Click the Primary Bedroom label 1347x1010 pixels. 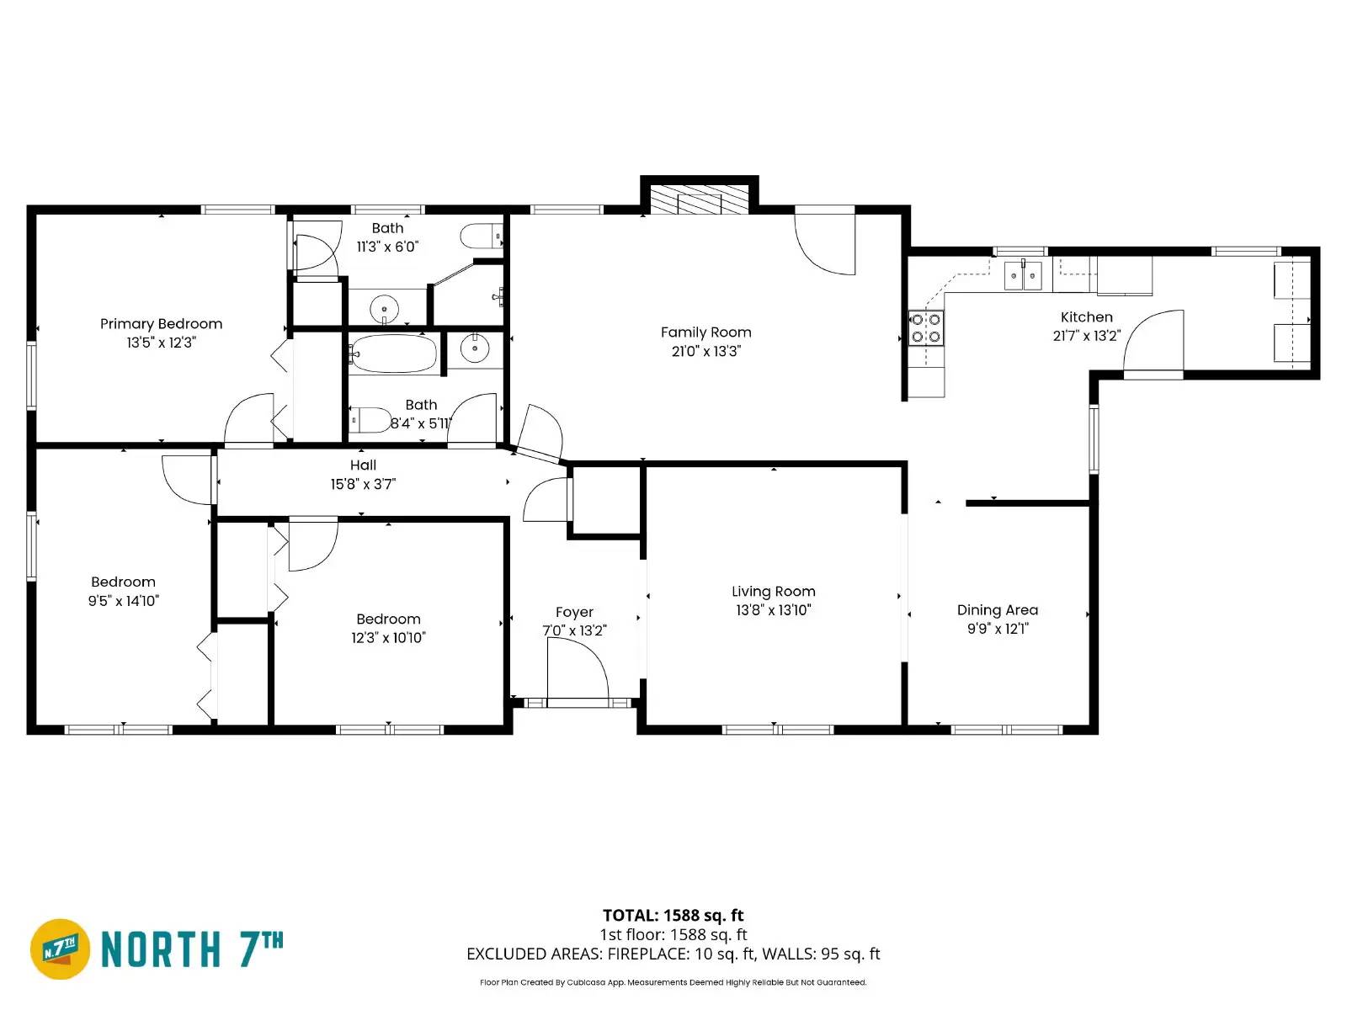pyautogui.click(x=161, y=324)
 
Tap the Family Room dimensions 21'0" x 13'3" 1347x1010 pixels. pyautogui.click(x=705, y=351)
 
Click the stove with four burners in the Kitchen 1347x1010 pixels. pyautogui.click(x=926, y=328)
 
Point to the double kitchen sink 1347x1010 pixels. pyautogui.click(x=1024, y=275)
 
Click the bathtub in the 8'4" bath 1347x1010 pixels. pyautogui.click(x=394, y=353)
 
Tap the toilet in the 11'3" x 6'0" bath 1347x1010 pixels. pyautogui.click(x=480, y=236)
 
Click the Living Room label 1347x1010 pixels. pyautogui.click(x=773, y=592)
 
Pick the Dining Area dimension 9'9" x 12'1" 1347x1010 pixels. pyautogui.click(x=998, y=629)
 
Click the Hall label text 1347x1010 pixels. pyautogui.click(x=363, y=465)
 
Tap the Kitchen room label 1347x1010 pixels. pyautogui.click(x=1086, y=317)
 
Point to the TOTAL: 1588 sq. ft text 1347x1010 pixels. pyautogui.click(x=673, y=915)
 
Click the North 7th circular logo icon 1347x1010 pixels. pyautogui.click(x=61, y=949)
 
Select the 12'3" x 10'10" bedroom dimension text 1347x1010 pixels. pyautogui.click(x=388, y=638)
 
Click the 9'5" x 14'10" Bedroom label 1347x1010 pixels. pyautogui.click(x=123, y=582)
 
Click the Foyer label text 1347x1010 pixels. pyautogui.click(x=574, y=612)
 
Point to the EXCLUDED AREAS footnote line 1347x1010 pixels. pyautogui.click(x=673, y=954)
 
